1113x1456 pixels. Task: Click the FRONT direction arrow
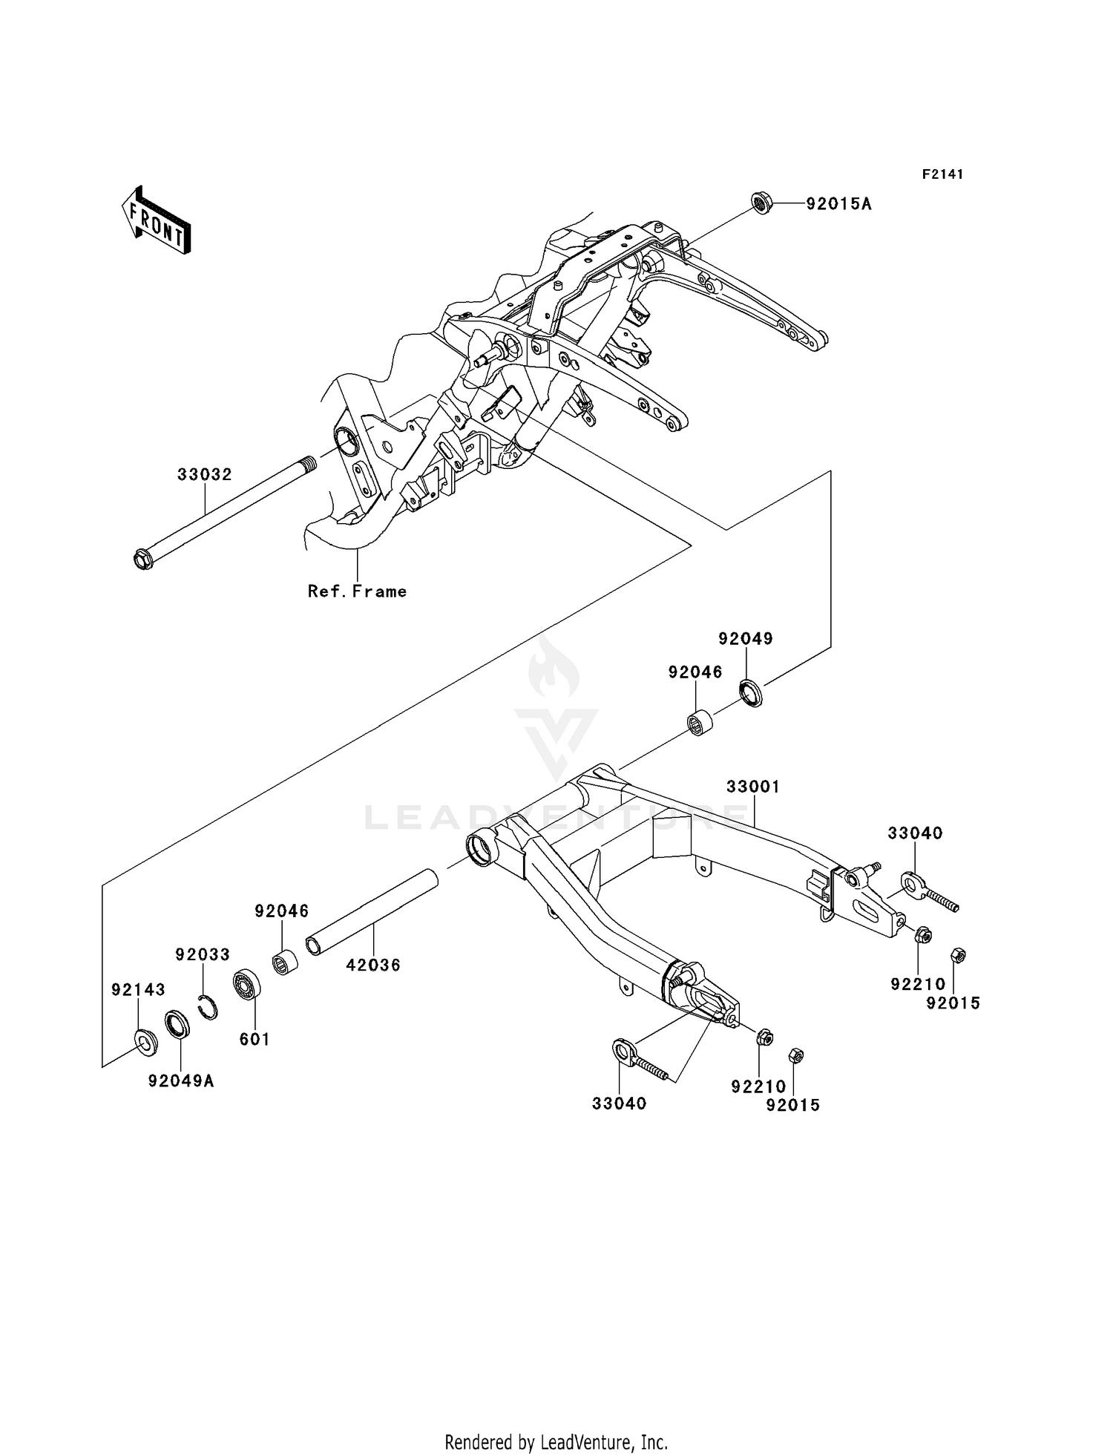[x=157, y=221]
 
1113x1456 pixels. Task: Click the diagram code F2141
[x=942, y=174]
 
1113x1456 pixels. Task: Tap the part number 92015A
[x=839, y=203]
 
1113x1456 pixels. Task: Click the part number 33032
[x=204, y=474]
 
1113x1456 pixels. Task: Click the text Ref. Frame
[x=357, y=591]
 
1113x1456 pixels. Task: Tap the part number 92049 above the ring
[x=746, y=638]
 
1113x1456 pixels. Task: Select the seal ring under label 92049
[x=751, y=692]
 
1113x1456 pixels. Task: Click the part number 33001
[x=753, y=787]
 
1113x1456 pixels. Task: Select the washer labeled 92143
[x=144, y=1042]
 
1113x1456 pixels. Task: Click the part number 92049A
[x=181, y=1081]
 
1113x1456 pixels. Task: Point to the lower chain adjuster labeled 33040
[x=638, y=1061]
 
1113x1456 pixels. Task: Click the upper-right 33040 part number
[x=915, y=833]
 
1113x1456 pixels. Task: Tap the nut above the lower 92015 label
[x=794, y=1054]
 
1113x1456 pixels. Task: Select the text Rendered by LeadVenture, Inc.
[x=556, y=1443]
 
